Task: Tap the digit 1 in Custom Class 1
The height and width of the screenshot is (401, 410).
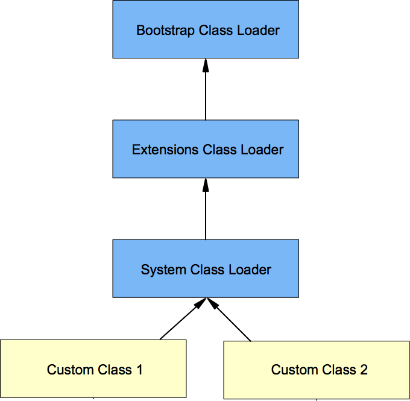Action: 139,370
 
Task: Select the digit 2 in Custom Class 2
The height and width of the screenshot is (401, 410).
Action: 364,370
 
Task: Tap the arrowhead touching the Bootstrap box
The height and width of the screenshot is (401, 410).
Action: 206,65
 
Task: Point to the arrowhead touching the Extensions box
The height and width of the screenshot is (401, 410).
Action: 206,184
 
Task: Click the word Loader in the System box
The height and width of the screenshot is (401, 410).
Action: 253,270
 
